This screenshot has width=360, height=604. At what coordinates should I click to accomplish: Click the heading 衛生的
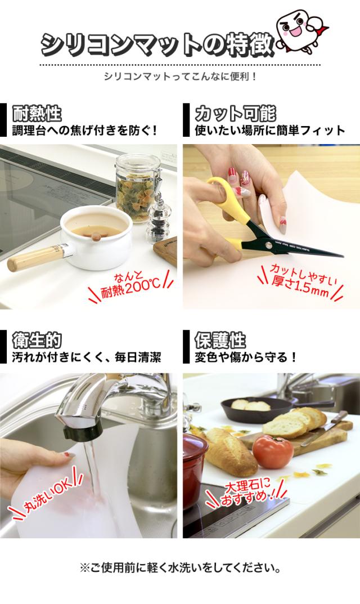point(37,341)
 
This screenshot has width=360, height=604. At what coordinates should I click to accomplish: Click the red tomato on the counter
point(272,451)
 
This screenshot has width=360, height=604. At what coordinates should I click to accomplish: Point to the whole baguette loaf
point(231,450)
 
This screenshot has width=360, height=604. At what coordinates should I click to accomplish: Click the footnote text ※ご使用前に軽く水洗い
point(180,567)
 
